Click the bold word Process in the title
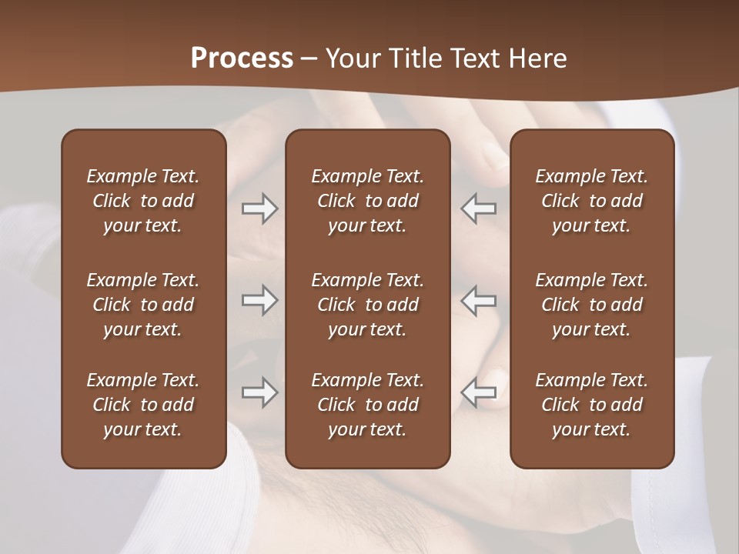tap(242, 58)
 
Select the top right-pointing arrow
tap(259, 209)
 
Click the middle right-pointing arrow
tap(259, 300)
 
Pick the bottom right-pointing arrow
tap(259, 392)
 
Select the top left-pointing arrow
tap(479, 209)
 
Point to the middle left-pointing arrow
tap(479, 300)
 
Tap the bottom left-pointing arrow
tap(479, 392)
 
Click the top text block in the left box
tap(143, 201)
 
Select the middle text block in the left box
tap(143, 305)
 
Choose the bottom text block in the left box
tap(143, 405)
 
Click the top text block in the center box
tap(367, 201)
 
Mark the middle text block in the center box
tap(367, 305)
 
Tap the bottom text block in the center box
tap(367, 405)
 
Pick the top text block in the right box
tap(591, 201)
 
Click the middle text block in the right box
tap(591, 305)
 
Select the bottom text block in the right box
tap(591, 405)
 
